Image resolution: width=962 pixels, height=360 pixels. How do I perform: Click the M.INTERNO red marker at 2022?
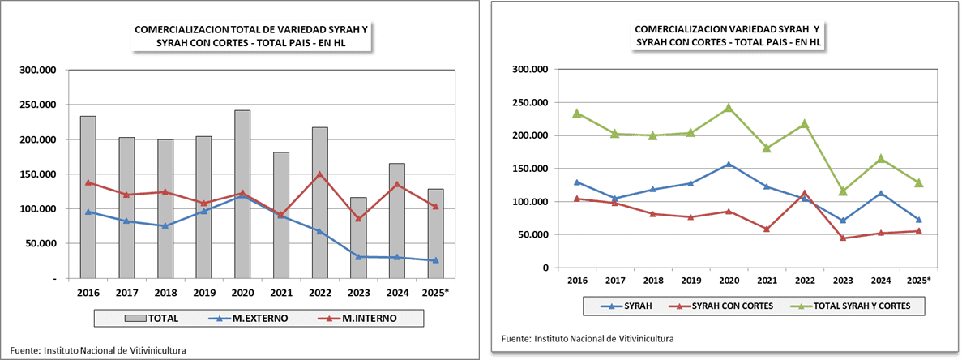click(320, 174)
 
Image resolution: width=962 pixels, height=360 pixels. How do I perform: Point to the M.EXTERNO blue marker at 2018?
click(165, 226)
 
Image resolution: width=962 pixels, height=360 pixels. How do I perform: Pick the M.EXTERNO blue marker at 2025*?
click(435, 260)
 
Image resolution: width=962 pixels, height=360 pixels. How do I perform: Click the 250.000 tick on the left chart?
click(38, 105)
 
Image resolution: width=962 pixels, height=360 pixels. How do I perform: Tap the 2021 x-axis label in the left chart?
click(280, 293)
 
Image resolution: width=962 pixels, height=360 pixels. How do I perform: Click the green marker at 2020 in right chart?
click(728, 107)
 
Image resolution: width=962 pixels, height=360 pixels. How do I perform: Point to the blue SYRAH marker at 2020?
click(728, 164)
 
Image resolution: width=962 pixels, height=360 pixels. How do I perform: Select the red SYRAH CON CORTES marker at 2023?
click(843, 238)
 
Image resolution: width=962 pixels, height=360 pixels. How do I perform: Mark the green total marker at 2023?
click(843, 191)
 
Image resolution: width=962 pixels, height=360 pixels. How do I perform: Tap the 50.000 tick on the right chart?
click(531, 235)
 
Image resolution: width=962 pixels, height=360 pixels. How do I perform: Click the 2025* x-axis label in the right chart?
click(918, 281)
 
